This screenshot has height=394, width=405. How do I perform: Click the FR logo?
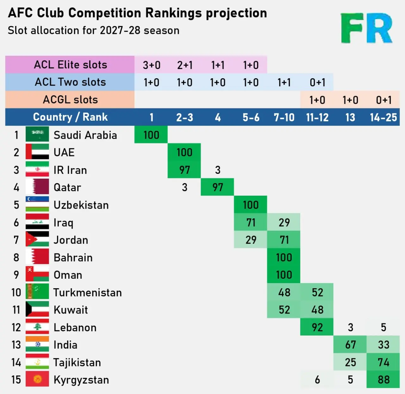pos(366,28)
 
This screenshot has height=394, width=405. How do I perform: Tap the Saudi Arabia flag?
pos(37,134)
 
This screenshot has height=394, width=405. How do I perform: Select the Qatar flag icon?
pos(37,187)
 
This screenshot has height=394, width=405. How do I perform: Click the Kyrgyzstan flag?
pos(37,379)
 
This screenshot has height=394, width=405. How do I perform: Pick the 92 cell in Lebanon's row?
pos(317,327)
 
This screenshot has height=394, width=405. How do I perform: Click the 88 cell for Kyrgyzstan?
pos(383,379)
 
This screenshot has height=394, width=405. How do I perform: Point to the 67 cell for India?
pos(350,344)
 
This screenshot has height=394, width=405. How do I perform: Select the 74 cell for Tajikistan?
pos(383,362)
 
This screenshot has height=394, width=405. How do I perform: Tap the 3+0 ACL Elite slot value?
pos(152,65)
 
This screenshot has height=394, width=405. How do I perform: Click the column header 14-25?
pos(383,117)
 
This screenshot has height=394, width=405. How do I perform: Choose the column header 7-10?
pos(284,117)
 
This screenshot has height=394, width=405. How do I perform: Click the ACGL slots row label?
pos(70,100)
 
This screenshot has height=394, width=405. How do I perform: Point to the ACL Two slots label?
pos(70,82)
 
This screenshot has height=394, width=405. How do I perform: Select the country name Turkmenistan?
pos(87,292)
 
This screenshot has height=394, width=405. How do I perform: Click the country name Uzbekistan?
pos(81,205)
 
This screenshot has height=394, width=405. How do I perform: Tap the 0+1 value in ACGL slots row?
pos(383,100)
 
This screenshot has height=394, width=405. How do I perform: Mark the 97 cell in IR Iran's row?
pos(184,170)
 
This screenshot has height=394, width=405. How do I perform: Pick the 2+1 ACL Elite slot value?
pos(185,65)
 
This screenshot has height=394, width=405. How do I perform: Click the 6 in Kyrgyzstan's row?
pos(317,379)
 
